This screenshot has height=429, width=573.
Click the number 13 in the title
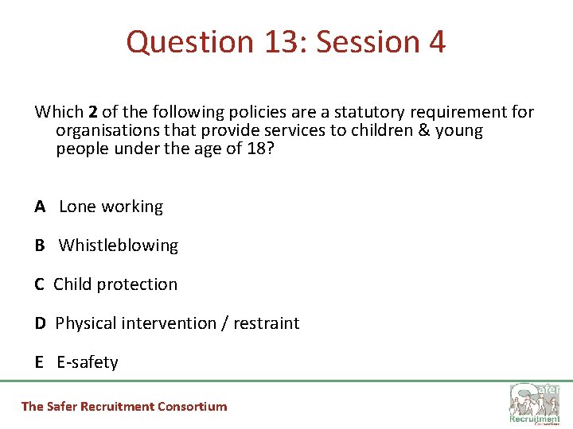[280, 42]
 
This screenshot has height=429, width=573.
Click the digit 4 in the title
[437, 42]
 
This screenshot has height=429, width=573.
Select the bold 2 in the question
[93, 112]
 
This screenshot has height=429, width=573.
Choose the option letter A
[40, 207]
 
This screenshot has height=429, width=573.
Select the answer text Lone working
[111, 207]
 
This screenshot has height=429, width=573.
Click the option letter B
[40, 245]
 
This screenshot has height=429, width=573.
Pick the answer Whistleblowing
[119, 245]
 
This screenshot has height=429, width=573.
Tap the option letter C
[40, 284]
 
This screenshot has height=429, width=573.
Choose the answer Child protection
[115, 284]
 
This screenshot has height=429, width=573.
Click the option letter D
[40, 323]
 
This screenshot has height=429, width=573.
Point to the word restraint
[266, 323]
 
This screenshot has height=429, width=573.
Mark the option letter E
[39, 362]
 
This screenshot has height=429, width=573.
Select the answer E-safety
[88, 362]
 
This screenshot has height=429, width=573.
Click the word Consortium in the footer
[192, 407]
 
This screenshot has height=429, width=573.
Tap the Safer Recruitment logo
[534, 404]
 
